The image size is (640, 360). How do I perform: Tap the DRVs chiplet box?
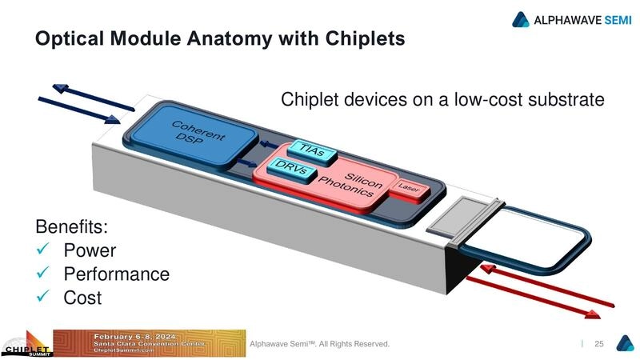[x=293, y=169]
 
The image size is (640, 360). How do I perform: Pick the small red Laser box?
[x=409, y=188]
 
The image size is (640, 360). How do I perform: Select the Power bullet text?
[x=90, y=250]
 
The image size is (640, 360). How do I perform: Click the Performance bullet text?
[x=116, y=274]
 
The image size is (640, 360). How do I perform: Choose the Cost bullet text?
[x=82, y=298]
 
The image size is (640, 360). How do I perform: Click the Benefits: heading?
[x=70, y=226]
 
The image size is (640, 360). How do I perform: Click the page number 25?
[x=598, y=344]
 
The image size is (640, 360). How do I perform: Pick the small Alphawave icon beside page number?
[x=624, y=343]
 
